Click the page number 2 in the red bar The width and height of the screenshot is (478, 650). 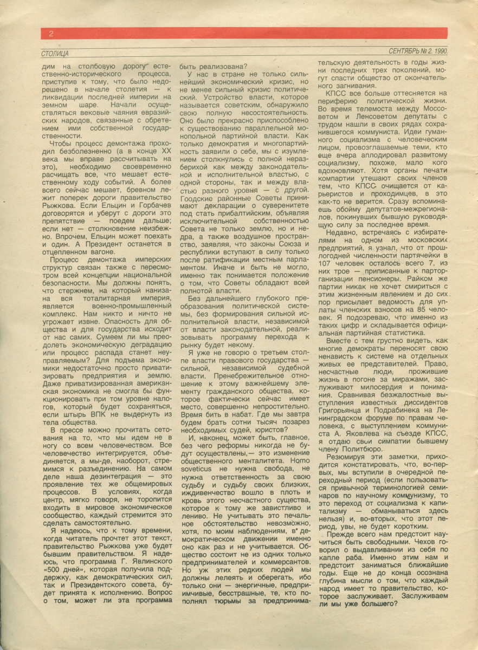click(50, 34)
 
